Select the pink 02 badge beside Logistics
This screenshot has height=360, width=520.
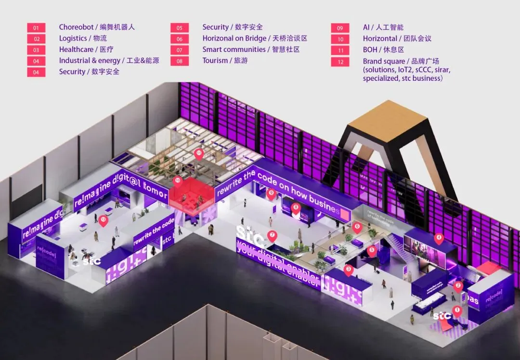point(36,39)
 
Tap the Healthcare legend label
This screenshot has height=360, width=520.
point(76,50)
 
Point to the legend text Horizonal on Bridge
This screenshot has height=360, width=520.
point(234,39)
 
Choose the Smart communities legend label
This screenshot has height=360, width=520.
point(234,50)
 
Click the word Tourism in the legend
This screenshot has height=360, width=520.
point(215,61)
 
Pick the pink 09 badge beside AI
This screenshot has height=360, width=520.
point(340,28)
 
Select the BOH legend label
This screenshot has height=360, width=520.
point(370,50)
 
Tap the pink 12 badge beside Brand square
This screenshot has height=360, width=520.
point(340,62)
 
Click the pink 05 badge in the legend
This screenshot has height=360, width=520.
point(179,28)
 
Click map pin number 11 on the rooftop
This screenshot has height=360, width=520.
point(199,154)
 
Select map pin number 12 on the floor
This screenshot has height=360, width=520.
point(103,220)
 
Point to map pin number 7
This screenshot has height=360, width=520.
point(272,235)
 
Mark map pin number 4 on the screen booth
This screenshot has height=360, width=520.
point(438,238)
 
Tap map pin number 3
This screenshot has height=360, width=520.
point(349,270)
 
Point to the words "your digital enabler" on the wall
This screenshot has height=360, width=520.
point(278,264)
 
